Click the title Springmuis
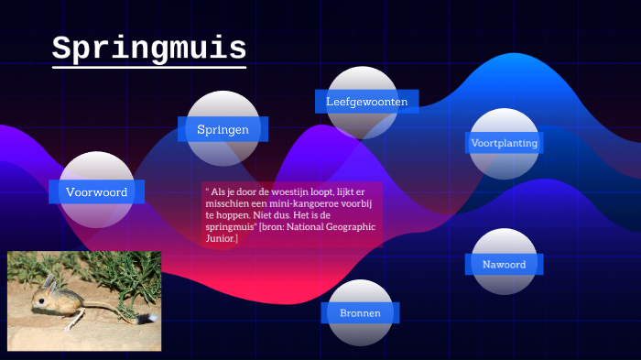point(148,48)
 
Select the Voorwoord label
point(96,192)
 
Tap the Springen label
point(223,129)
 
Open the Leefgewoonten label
point(366,102)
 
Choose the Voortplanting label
point(504,143)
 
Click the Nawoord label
point(504,264)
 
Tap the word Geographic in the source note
point(351,226)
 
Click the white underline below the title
point(148,67)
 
